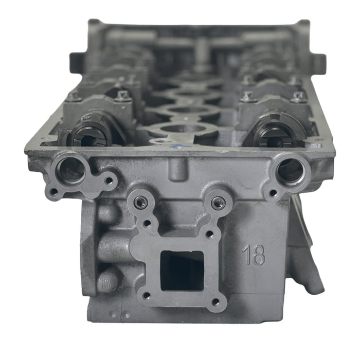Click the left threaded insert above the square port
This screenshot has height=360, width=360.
coord(140,203)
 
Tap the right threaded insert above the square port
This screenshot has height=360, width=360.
coord(218,203)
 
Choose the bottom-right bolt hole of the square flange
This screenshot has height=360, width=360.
coord(216,301)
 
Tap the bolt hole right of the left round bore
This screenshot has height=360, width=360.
coord(109,181)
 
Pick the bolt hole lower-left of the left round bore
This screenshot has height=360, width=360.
coord(53,192)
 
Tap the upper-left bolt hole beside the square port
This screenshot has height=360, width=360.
coord(148,224)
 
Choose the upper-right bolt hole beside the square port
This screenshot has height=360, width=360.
coord(209,235)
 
